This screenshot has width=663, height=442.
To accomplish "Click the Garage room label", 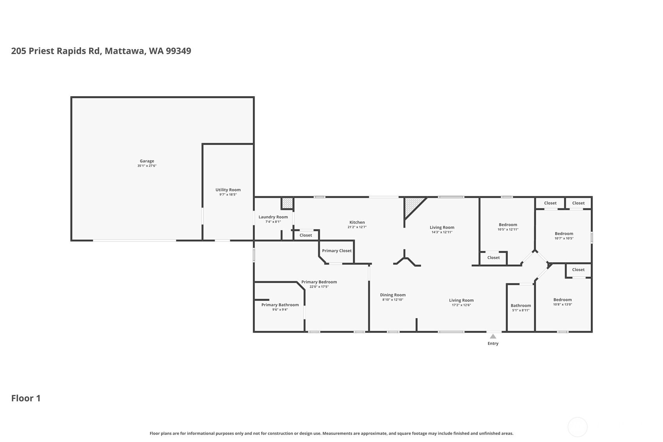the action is tap(147, 161).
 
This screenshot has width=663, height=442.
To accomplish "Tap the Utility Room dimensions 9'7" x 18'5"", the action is tap(228, 195).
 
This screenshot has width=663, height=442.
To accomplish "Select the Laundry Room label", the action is tap(273, 217).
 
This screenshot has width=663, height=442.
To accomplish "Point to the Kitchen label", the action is tap(357, 222).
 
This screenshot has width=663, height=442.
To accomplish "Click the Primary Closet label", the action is tap(336, 251).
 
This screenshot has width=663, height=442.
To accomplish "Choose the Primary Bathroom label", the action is tap(280, 305).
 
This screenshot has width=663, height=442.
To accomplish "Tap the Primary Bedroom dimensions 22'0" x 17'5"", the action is tap(319, 286).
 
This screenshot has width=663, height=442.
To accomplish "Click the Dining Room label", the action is tap(393, 295).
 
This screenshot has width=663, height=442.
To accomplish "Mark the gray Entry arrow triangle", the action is tap(493, 336).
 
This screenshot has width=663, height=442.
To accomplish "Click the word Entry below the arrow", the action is tap(493, 344).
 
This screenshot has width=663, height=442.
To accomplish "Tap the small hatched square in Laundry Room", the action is tap(287, 203).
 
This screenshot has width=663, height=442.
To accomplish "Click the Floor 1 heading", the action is tap(26, 398).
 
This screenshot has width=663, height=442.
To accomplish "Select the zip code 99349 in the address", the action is tap(179, 51).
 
